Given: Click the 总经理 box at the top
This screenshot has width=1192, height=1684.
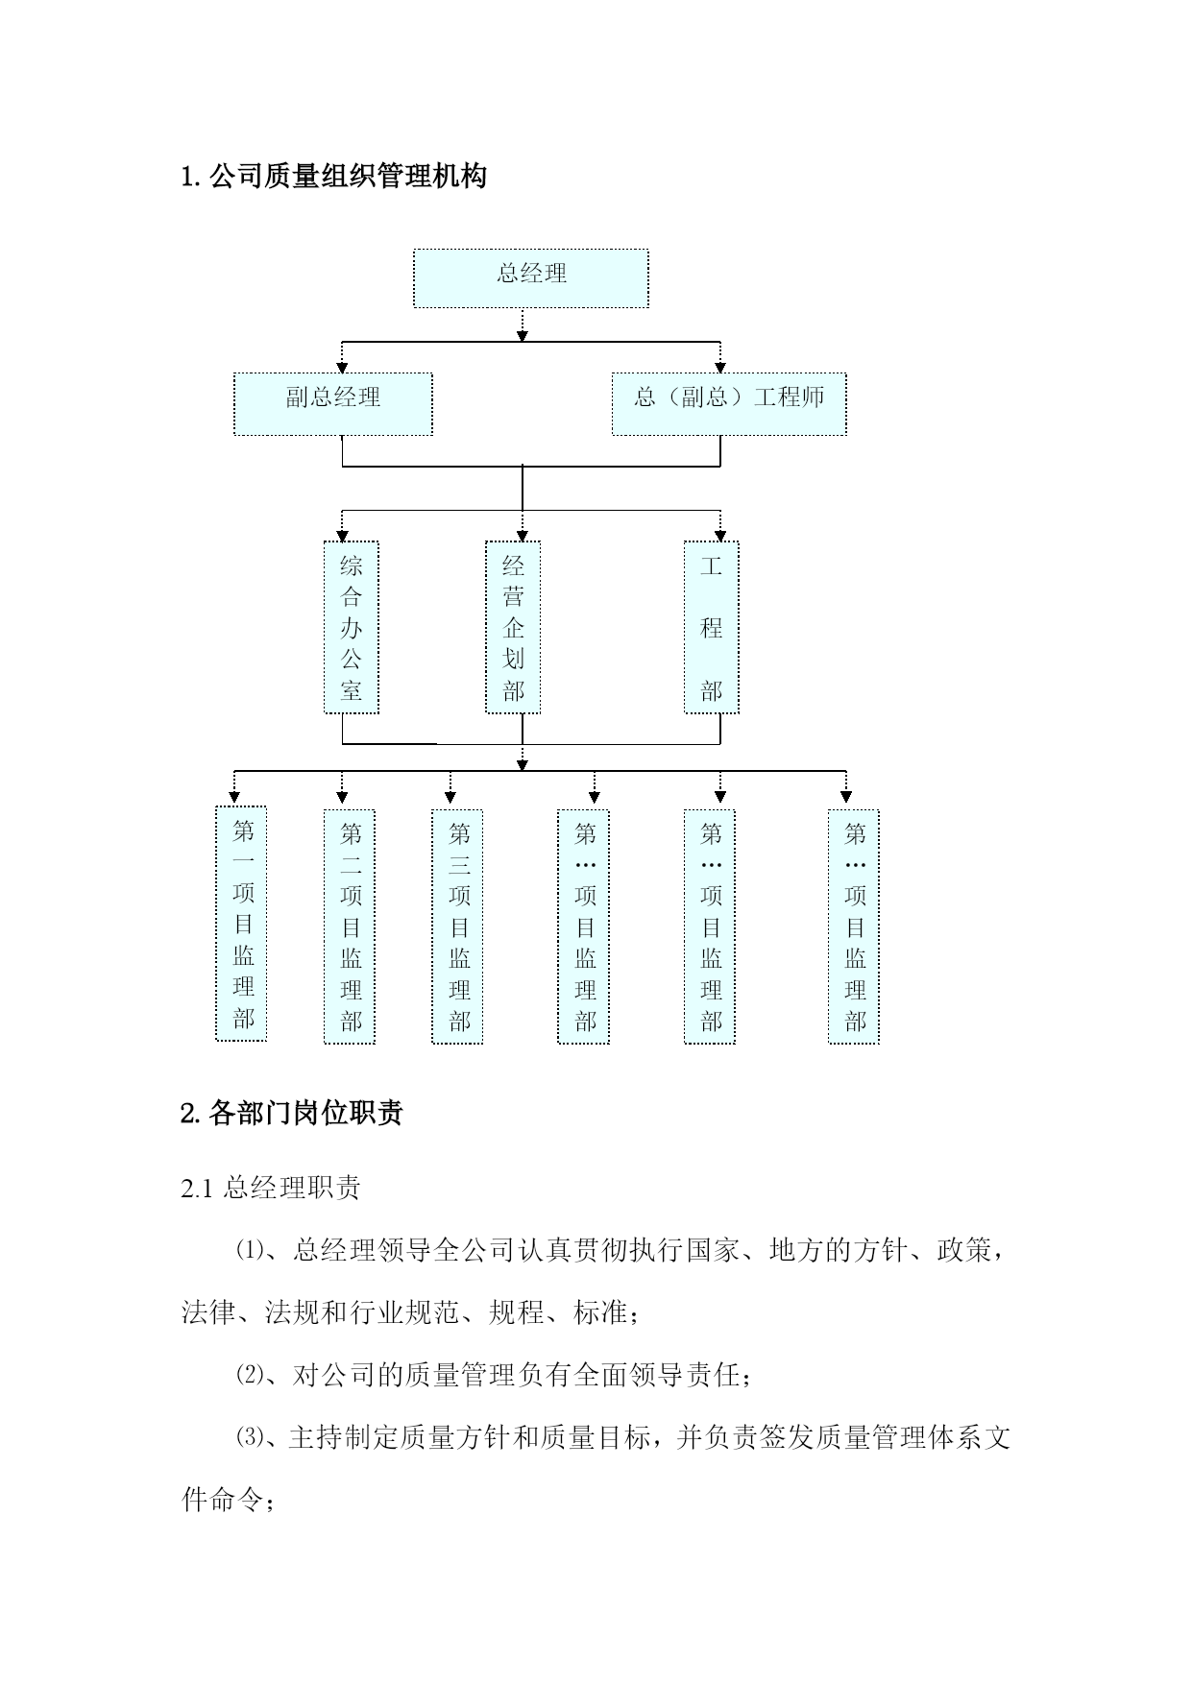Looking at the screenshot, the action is tap(531, 278).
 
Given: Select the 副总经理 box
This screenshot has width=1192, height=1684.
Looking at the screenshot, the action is tap(333, 404).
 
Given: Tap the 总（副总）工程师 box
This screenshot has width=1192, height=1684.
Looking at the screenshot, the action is tap(729, 404).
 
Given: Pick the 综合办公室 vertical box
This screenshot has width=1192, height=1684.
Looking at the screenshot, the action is tap(352, 628).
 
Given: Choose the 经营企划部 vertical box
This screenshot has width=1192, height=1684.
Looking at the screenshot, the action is tap(513, 628).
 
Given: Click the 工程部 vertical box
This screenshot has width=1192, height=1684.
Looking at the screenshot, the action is tap(711, 628).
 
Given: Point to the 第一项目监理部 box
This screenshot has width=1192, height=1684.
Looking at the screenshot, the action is tap(241, 924).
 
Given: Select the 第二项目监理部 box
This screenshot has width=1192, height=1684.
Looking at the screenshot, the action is tap(350, 926).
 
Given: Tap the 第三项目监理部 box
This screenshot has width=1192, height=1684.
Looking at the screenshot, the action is tap(457, 926).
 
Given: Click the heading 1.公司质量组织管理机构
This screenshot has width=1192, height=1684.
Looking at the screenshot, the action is tap(334, 176).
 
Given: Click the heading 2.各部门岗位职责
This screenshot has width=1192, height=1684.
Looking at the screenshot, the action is tap(292, 1113).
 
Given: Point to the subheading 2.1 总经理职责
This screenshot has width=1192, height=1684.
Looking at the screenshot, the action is tap(271, 1188).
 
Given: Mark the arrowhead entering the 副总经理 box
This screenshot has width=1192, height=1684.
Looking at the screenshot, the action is tap(343, 368).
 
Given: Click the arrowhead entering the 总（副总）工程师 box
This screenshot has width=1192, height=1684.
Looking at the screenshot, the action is tap(720, 368).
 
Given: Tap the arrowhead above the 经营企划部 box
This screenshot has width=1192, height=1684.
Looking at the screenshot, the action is tap(523, 536).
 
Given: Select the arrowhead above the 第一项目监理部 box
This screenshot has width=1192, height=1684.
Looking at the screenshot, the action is tap(234, 797).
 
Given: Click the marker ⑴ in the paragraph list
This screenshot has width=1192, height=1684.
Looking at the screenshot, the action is tap(249, 1251).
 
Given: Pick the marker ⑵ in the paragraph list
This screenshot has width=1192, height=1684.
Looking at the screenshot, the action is tap(249, 1376).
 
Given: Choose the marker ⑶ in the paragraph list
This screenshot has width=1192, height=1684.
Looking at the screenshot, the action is tap(249, 1438).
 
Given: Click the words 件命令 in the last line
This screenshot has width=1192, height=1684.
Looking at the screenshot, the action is tap(222, 1500).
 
